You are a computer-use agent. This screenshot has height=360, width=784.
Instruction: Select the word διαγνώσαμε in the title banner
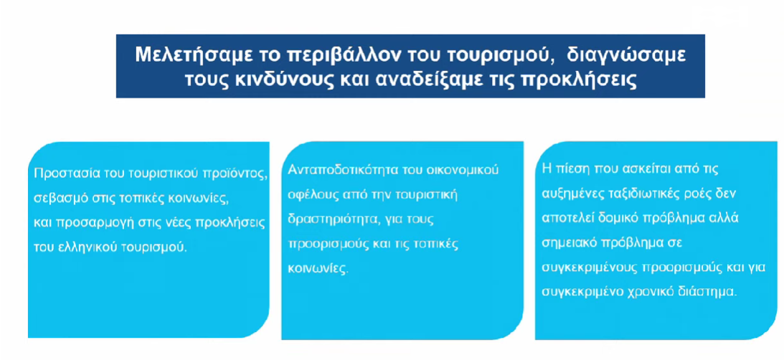627,55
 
